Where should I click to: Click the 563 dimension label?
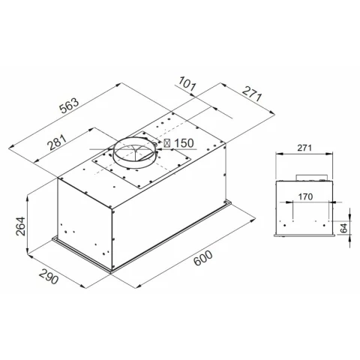point(69,106)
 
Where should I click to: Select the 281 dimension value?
point(58,142)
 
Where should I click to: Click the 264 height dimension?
point(20,226)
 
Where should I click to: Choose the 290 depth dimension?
point(49,276)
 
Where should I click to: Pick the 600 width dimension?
point(203,258)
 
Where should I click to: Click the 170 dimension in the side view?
point(305,196)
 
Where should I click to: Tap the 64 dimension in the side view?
point(344,228)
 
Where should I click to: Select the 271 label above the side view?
point(304,148)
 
